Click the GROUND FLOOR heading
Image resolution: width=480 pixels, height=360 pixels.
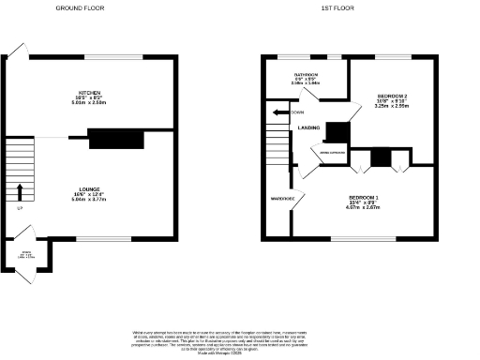[80, 7]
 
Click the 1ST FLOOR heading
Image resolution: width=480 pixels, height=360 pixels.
[336, 7]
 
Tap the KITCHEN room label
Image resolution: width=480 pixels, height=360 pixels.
[90, 92]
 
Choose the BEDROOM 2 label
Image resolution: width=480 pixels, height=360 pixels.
[393, 97]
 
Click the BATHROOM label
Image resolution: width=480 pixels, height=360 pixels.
[307, 74]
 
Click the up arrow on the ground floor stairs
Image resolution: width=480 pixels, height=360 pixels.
[19, 192]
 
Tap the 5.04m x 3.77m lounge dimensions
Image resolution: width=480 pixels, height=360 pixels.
[90, 200]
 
